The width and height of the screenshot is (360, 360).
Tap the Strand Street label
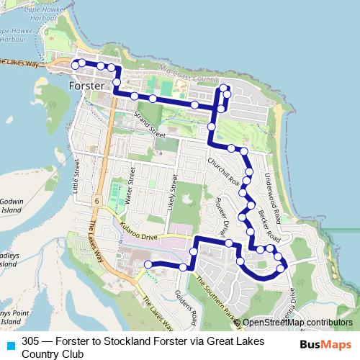click(x=147, y=122)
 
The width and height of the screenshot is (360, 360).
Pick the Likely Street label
click(x=174, y=189)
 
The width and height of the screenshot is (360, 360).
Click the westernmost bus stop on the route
click(x=74, y=65)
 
